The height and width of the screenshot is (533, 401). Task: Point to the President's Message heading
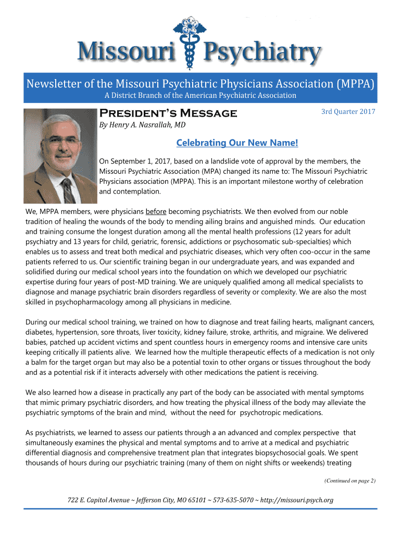point(168,113)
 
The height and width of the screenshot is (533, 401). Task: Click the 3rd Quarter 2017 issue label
point(348,111)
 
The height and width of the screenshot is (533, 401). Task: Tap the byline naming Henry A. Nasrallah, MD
point(143,125)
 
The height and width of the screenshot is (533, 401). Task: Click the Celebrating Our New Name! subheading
point(237,143)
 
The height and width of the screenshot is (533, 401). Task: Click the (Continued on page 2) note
point(349,481)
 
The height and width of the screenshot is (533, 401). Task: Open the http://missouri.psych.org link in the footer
point(294,501)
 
